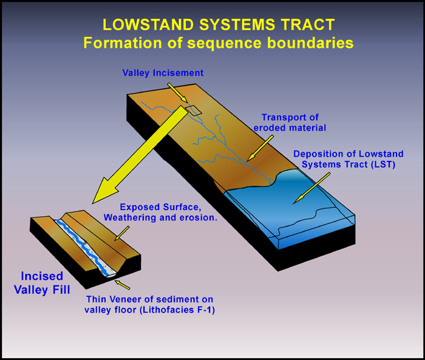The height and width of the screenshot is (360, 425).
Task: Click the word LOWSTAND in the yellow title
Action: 148,25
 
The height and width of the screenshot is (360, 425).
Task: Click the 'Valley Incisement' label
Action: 163,73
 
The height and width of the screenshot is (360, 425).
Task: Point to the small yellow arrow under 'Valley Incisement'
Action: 177,93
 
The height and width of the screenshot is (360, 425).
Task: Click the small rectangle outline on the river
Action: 193,110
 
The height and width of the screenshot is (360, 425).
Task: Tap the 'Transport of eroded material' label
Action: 290,123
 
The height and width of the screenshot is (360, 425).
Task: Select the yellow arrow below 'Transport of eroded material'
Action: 260,148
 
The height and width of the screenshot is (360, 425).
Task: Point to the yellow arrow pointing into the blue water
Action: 313,188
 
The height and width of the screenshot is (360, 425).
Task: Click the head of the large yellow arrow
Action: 105,191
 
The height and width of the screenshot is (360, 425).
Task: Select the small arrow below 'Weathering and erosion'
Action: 121,233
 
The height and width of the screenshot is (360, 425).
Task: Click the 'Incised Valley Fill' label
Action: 42,283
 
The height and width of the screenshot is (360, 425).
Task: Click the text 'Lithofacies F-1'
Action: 177,310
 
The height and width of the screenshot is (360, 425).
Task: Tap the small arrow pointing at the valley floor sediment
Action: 123,285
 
